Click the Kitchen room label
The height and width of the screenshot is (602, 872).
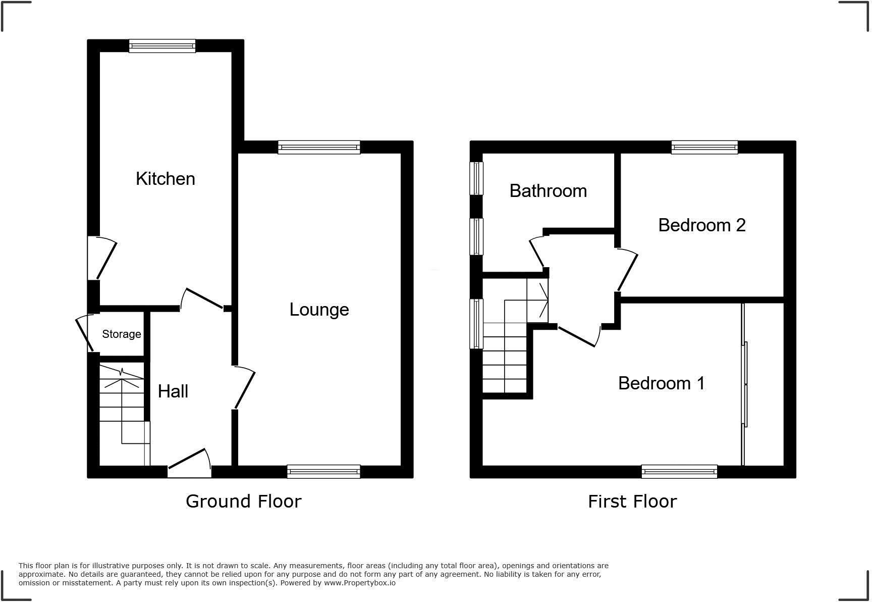(165, 179)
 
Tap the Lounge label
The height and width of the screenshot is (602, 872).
(319, 310)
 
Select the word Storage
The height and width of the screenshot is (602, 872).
(121, 334)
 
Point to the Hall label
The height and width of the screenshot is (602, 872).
(173, 391)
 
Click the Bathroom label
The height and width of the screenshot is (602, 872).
(548, 191)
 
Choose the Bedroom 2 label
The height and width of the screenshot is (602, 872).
(701, 225)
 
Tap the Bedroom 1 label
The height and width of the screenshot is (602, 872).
(661, 383)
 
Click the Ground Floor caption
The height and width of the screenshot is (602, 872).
(243, 501)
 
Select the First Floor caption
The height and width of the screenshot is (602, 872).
(632, 501)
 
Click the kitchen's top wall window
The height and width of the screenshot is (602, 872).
(162, 46)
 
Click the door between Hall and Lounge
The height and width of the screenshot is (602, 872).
(245, 388)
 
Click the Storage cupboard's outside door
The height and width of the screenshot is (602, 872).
(84, 333)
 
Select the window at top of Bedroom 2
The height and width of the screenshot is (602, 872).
(704, 147)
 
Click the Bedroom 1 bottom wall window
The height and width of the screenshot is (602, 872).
(679, 472)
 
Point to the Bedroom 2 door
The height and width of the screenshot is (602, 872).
(627, 270)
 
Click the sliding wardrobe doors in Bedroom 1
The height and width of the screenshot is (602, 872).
(744, 384)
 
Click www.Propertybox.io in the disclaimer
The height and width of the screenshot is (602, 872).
(359, 583)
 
